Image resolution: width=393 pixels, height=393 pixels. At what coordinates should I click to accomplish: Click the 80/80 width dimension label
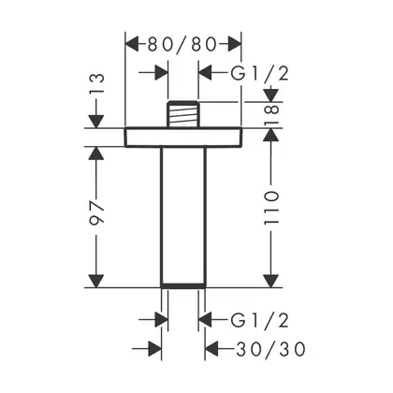click(182, 45)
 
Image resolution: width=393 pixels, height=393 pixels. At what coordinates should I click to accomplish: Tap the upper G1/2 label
click(260, 74)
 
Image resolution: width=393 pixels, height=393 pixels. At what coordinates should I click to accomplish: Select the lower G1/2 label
click(260, 320)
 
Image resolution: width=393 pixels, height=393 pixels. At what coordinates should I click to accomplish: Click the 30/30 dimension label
click(270, 349)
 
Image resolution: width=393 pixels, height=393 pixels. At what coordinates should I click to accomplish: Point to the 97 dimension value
click(96, 213)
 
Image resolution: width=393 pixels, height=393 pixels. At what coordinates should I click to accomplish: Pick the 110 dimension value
click(271, 208)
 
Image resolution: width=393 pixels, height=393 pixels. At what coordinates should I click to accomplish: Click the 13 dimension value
click(96, 82)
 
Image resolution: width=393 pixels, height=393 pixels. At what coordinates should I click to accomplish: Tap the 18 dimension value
click(271, 115)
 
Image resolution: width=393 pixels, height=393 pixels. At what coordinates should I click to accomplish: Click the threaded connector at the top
click(183, 114)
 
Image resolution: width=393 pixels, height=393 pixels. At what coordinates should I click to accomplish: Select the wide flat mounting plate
click(183, 138)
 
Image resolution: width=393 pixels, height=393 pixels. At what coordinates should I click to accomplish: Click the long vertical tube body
click(183, 217)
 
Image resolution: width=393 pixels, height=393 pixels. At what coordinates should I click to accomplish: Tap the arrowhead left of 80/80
click(132, 44)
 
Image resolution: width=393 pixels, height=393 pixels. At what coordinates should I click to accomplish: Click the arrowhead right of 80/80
click(235, 44)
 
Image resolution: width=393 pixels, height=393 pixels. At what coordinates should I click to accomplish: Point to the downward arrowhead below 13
click(96, 122)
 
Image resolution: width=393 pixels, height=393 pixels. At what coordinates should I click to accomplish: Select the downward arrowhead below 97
click(96, 281)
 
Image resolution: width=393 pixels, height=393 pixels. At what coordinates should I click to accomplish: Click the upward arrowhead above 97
click(96, 153)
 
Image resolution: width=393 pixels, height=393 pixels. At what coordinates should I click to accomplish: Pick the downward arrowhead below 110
click(271, 281)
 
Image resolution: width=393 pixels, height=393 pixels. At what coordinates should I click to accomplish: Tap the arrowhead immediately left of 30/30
click(211, 349)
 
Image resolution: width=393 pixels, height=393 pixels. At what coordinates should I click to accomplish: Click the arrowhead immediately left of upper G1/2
click(206, 74)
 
